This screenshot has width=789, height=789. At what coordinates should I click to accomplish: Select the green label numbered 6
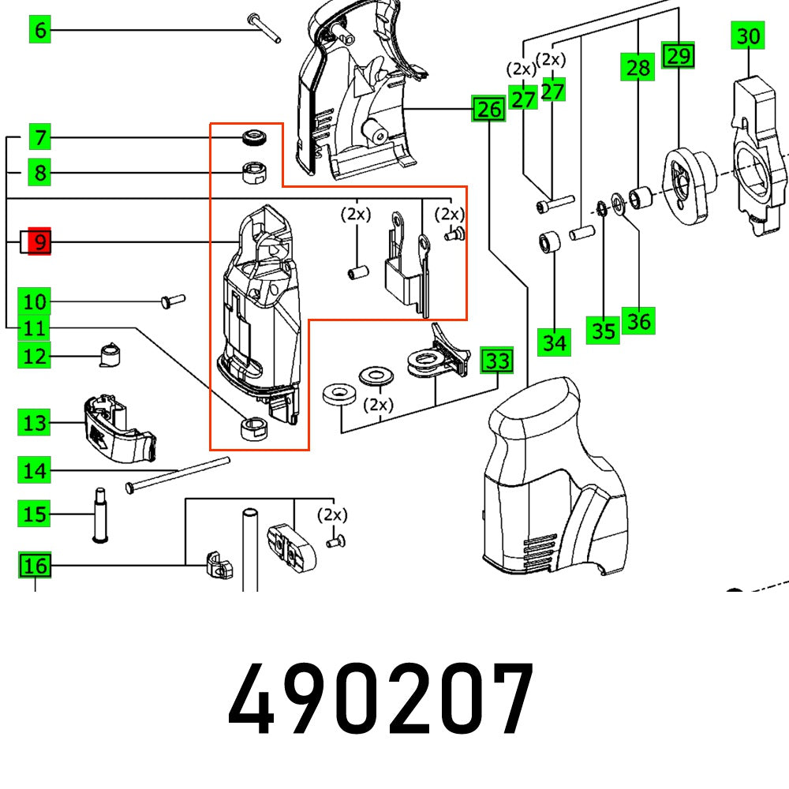coord(39,31)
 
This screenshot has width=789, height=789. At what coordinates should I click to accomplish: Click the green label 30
coord(748,36)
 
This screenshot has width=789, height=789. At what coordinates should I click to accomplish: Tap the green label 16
coord(35,565)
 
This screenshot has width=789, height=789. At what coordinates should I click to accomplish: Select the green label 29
coord(678,55)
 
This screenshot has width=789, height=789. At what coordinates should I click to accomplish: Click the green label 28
coord(638,68)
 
